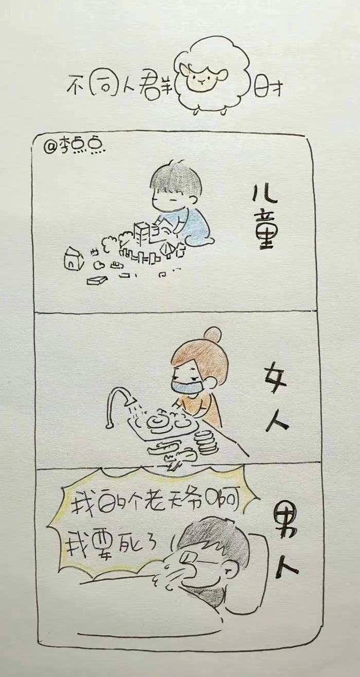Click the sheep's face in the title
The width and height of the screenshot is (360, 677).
click(x=201, y=79)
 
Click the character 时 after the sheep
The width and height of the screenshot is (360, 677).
click(x=268, y=86)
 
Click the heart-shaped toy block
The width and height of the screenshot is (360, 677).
click(x=99, y=265)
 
